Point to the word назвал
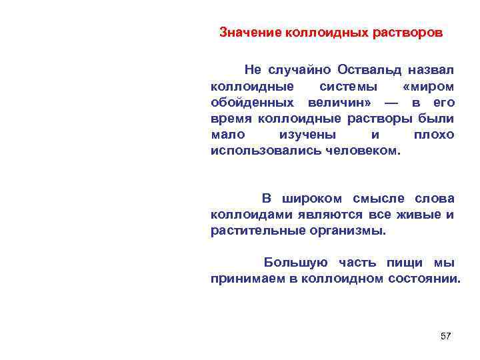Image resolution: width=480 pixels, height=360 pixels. (432, 69)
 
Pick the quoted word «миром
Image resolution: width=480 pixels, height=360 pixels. (429, 87)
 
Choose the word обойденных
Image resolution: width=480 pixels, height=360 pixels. (253, 103)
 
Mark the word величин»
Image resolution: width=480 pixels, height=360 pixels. (340, 103)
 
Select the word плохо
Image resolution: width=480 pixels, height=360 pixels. (434, 135)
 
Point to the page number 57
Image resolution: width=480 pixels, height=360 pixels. (446, 336)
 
